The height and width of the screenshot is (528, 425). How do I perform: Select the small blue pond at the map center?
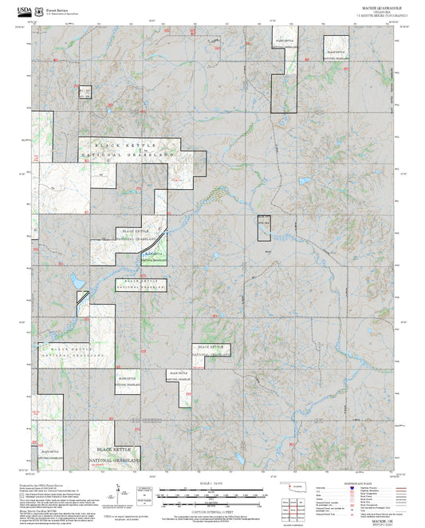pos(216,256)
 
